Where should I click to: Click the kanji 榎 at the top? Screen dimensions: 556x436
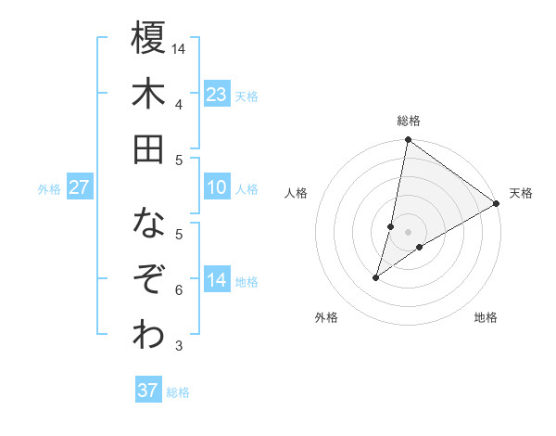pos(149,38)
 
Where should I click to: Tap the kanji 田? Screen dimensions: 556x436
pos(149,149)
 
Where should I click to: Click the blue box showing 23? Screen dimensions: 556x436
pos(217,94)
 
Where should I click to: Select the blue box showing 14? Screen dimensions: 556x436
pos(217,281)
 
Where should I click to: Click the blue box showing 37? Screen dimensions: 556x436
pos(147,391)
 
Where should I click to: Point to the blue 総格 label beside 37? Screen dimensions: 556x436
pos(178,392)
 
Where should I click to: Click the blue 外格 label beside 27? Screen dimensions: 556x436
pos(49,189)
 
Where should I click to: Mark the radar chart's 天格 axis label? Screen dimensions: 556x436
pos(521,193)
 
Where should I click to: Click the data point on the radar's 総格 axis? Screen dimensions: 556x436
pos(408,141)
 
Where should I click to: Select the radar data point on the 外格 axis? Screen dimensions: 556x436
pos(376,276)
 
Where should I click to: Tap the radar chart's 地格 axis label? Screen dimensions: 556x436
pos(486,317)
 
